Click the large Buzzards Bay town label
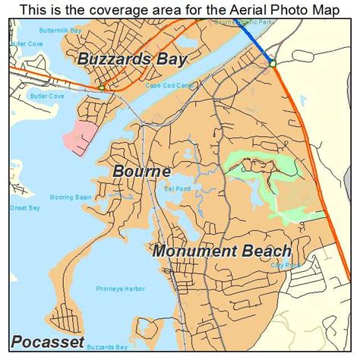(132, 59)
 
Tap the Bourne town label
(141, 172)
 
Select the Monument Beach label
(222, 251)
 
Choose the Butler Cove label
(48, 97)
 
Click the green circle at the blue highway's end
(272, 64)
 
